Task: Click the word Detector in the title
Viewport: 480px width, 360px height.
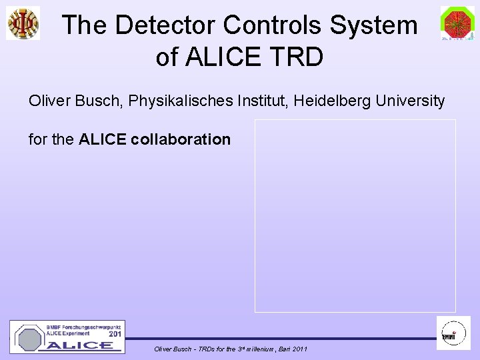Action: [x=166, y=25]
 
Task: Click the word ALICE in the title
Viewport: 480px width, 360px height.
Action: [x=224, y=57]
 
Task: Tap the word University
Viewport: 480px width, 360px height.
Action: [x=411, y=101]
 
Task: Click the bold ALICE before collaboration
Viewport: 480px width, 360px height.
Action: [x=103, y=140]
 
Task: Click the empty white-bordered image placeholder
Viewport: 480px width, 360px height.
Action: [x=355, y=215]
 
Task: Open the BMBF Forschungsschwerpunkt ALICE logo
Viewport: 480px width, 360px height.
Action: [x=67, y=337]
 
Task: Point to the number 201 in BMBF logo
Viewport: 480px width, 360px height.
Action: [x=115, y=333]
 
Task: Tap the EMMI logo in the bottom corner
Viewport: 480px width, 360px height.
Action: [x=453, y=333]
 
